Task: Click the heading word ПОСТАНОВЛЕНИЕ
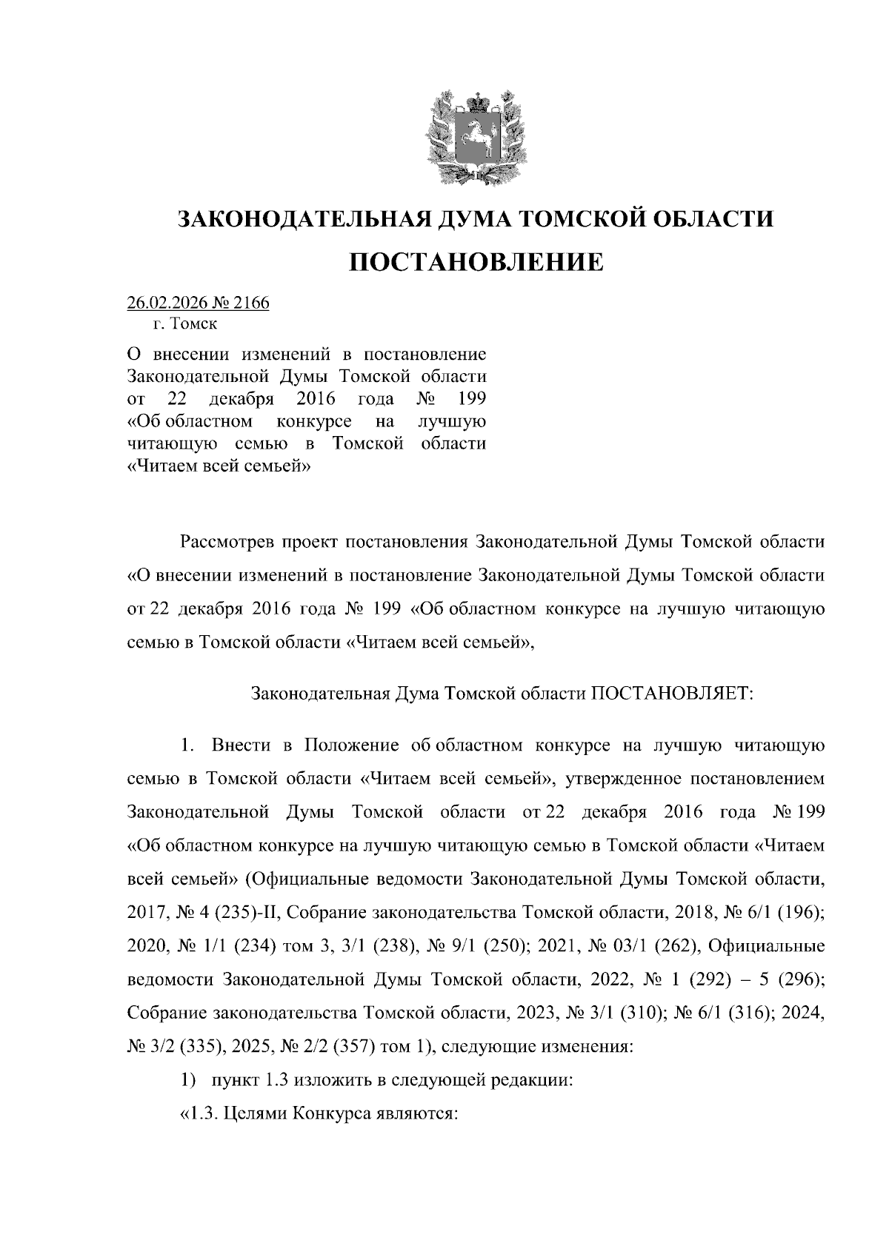click(x=476, y=262)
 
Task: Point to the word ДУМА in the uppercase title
click(x=478, y=219)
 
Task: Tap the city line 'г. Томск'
click(x=185, y=324)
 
